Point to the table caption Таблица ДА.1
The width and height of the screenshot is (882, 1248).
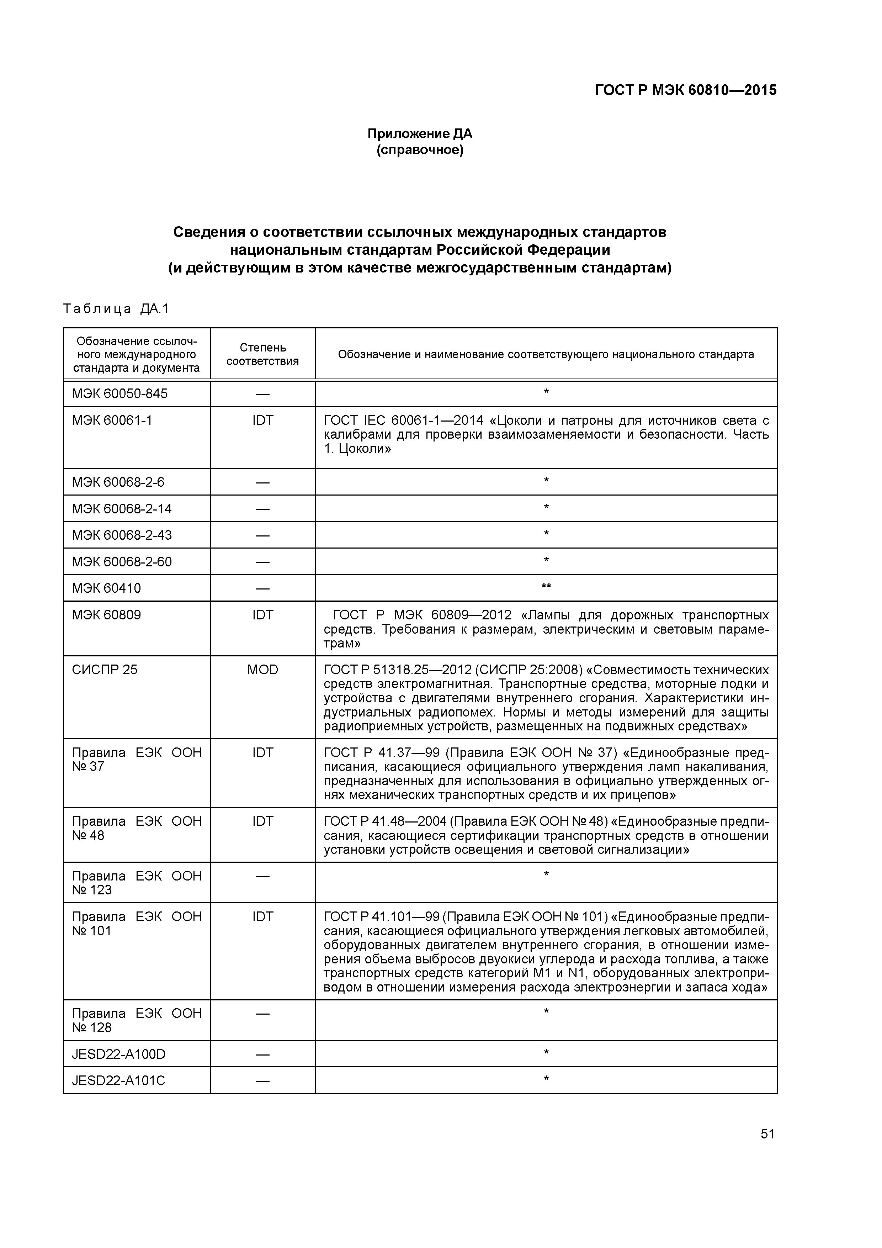pos(116,309)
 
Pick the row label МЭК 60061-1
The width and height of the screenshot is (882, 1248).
pos(112,420)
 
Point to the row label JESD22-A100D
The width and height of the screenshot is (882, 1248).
pos(118,1054)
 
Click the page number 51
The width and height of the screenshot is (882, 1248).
pos(767,1134)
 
